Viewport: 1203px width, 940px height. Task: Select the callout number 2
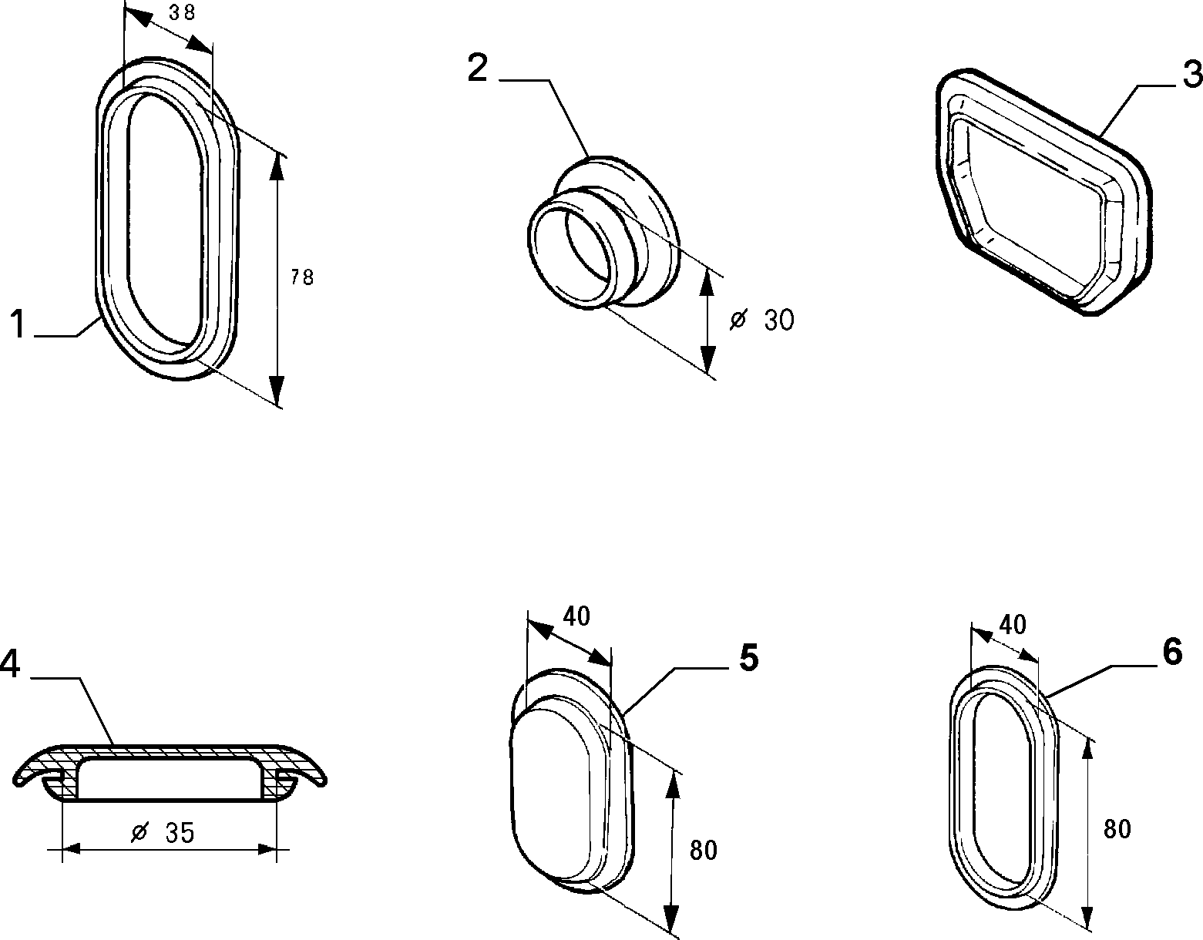coord(478,68)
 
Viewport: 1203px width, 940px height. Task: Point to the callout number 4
coord(10,663)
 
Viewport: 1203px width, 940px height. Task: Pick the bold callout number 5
coord(748,658)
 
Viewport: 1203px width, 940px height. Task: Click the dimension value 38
coord(182,13)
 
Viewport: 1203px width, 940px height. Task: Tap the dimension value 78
coord(302,277)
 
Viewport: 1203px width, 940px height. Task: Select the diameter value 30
coord(779,320)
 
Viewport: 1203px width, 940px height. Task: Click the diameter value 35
coord(180,833)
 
